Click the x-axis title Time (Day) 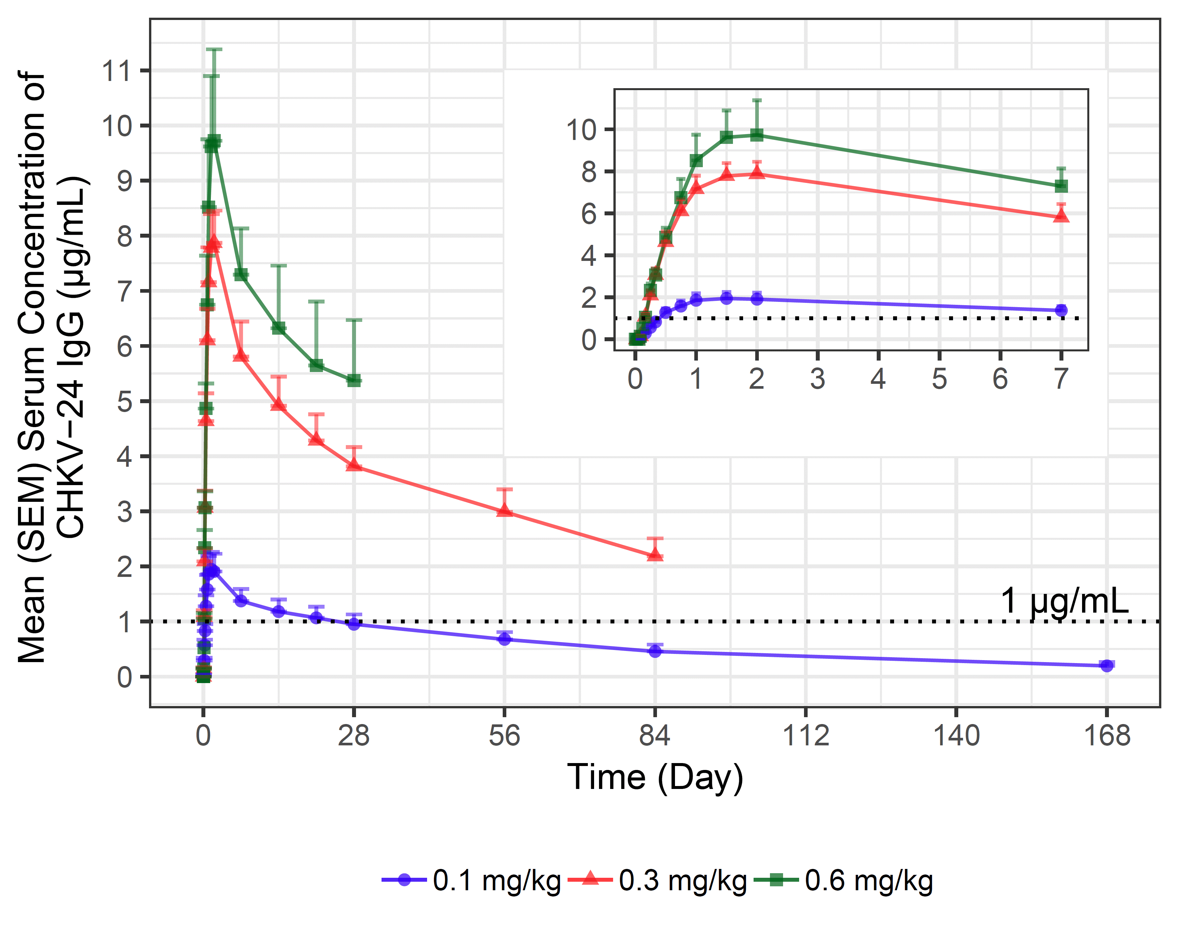coord(655,777)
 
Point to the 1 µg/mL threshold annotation coord(1064,600)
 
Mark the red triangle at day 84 coord(655,554)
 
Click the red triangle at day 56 coord(505,510)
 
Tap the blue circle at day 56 coord(505,639)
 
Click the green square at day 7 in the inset coord(1061,186)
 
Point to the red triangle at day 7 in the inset coord(1061,216)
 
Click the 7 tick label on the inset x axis coord(1061,379)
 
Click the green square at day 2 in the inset coord(757,135)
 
